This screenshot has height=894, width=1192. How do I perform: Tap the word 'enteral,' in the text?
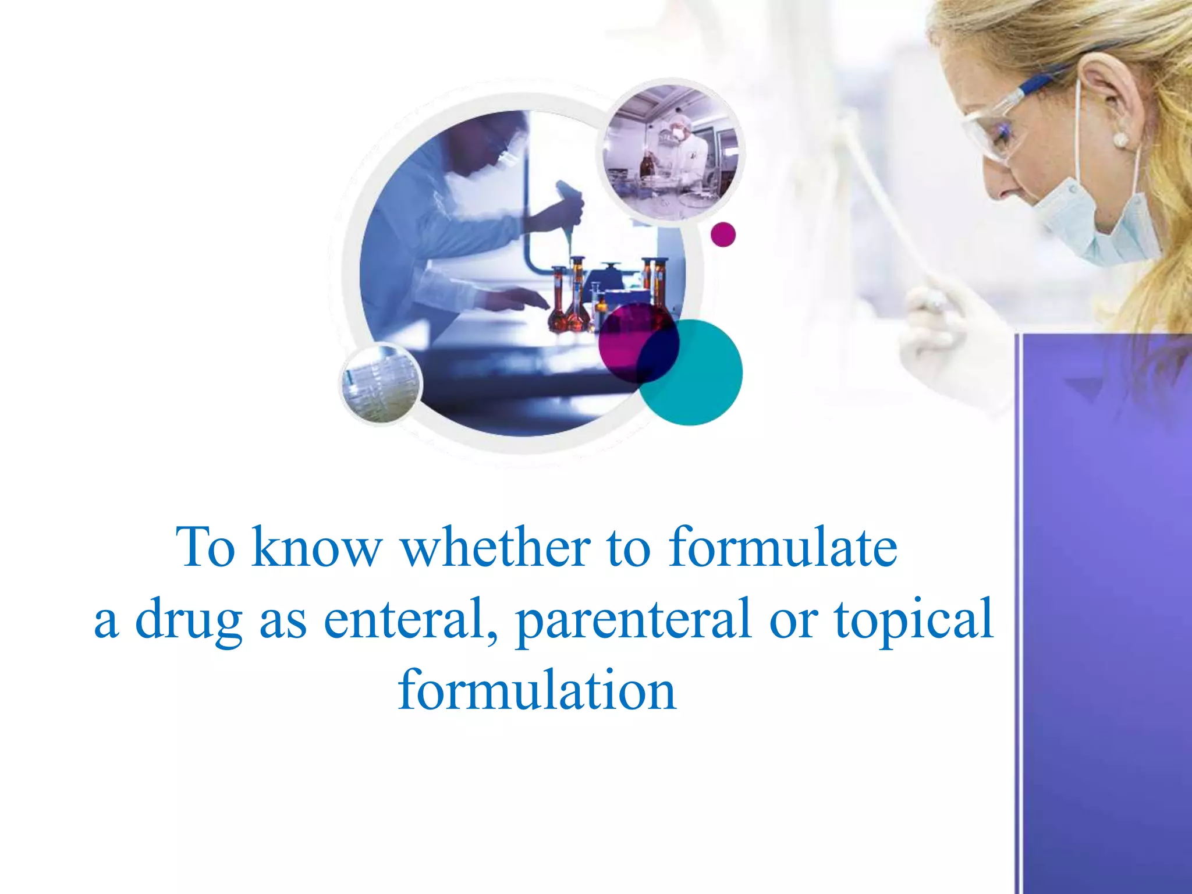pyautogui.click(x=409, y=619)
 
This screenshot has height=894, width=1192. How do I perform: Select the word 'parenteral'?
pyautogui.click(x=633, y=620)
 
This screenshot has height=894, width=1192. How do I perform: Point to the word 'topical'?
pyautogui.click(x=914, y=620)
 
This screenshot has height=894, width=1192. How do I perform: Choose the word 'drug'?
pyautogui.click(x=189, y=620)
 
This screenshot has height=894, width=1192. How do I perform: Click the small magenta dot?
pyautogui.click(x=723, y=235)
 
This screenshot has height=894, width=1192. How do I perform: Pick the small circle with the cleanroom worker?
pyautogui.click(x=670, y=152)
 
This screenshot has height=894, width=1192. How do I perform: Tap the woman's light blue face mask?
pyautogui.click(x=1094, y=221)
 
